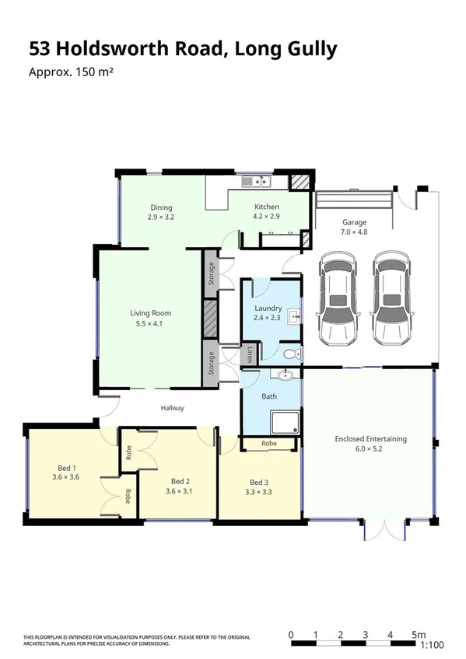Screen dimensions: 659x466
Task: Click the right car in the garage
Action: [x=390, y=298]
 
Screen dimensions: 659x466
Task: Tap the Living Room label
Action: [x=150, y=313]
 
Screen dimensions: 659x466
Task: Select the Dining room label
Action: [x=161, y=207]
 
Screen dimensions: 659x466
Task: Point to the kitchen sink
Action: [x=254, y=183]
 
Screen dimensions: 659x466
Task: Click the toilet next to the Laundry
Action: [x=292, y=354]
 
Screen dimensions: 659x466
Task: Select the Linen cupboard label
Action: [x=250, y=355]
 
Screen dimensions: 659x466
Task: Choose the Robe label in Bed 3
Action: [x=269, y=444]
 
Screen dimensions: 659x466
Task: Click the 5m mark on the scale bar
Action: [x=419, y=635]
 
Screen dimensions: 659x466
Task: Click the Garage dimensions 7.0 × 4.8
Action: [x=354, y=232]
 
